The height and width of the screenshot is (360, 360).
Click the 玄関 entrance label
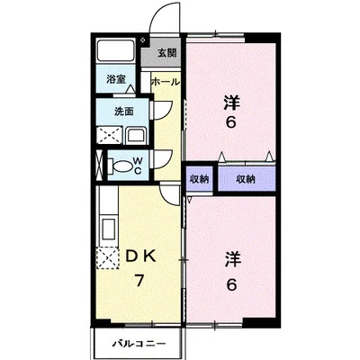pyautogui.click(x=167, y=53)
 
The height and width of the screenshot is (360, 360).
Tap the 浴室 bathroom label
pyautogui.click(x=116, y=79)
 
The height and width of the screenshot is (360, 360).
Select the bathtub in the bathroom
pyautogui.click(x=116, y=50)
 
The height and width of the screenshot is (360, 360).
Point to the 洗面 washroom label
pyautogui.click(x=124, y=112)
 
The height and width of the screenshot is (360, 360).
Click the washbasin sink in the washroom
pyautogui.click(x=136, y=136)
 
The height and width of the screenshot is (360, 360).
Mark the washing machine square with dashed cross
pyautogui.click(x=109, y=136)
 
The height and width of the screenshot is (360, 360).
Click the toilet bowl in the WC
pyautogui.click(x=121, y=167)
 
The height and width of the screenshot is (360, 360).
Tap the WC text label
pyautogui.click(x=138, y=166)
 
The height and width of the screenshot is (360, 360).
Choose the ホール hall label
pyautogui.click(x=166, y=82)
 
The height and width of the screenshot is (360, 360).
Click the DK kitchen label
pyautogui.click(x=140, y=256)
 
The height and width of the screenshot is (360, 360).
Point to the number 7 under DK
pyautogui.click(x=139, y=281)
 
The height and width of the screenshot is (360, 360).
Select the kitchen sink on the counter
pyautogui.click(x=109, y=229)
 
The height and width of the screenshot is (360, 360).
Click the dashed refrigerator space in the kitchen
pyautogui.click(x=107, y=258)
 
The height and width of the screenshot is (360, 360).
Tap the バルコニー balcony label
pyautogui.click(x=139, y=344)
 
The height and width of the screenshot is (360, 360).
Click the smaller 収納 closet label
pyautogui.click(x=199, y=179)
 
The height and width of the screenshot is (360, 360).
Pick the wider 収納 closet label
pyautogui.click(x=246, y=179)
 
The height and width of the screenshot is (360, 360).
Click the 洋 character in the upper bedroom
pyautogui.click(x=231, y=103)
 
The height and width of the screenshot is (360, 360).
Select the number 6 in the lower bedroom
pyautogui.click(x=231, y=284)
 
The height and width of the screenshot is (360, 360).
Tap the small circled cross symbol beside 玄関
pyautogui.click(x=143, y=40)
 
